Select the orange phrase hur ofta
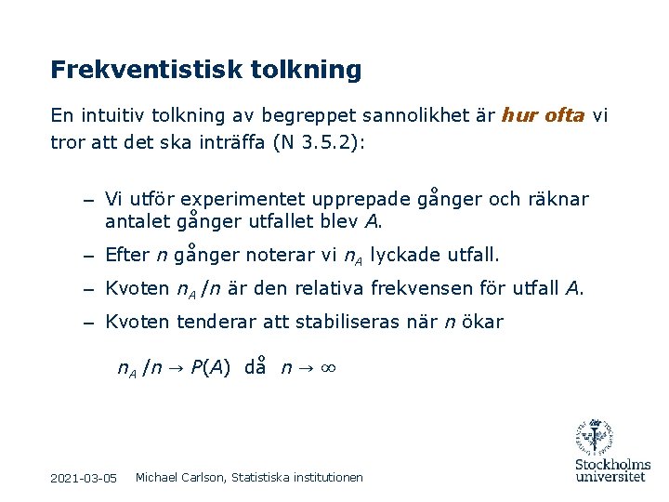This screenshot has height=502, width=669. (x=543, y=115)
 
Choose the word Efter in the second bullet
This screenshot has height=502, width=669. (x=125, y=255)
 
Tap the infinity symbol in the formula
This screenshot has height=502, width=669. (x=326, y=367)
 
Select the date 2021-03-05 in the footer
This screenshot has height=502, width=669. (x=84, y=478)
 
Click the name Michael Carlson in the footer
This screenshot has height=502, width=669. (x=179, y=477)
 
